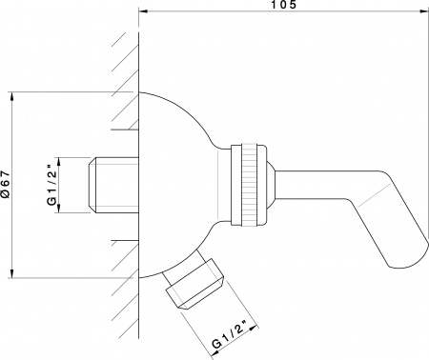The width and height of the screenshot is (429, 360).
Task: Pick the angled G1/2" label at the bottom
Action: (230, 338)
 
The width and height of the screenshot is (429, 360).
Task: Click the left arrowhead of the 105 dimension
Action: (144, 12)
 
